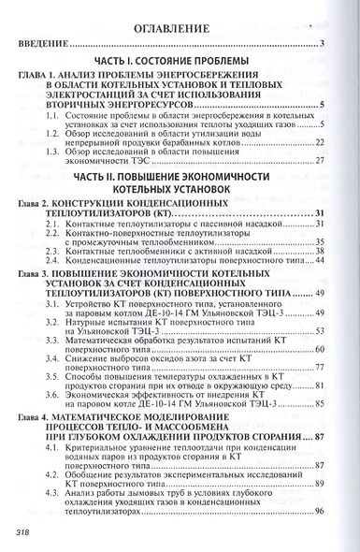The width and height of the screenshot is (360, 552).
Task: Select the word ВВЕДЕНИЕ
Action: pyautogui.click(x=41, y=44)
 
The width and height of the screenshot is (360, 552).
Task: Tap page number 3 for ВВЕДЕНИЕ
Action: pyautogui.click(x=320, y=44)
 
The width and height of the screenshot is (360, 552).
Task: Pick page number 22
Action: pyautogui.click(x=318, y=143)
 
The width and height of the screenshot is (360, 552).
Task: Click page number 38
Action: pyautogui.click(x=318, y=251)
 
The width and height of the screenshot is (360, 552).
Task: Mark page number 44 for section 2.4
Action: pyautogui.click(x=318, y=260)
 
